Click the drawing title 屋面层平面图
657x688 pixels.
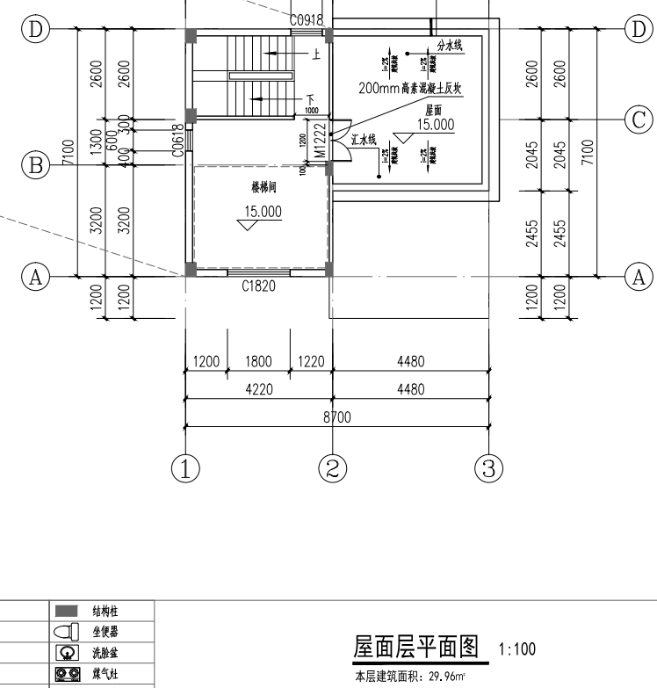[415, 648]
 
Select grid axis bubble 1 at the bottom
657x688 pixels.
[186, 467]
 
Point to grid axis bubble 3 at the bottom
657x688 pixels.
[488, 467]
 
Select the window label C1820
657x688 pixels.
[258, 286]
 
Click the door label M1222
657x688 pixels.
[321, 140]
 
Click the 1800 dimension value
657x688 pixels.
[259, 360]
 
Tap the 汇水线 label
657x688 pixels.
[364, 140]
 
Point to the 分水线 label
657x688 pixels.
[450, 46]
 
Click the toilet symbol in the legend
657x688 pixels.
[66, 630]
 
